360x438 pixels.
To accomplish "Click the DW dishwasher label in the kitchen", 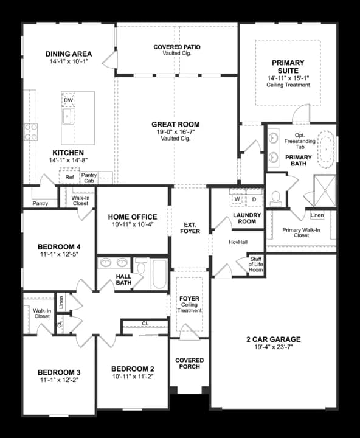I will click(x=68, y=100).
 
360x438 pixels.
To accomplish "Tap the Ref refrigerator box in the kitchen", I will click(x=70, y=178).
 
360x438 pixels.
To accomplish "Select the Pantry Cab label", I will click(x=89, y=178).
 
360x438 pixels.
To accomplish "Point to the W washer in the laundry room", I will click(x=237, y=199).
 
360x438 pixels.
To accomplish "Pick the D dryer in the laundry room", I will click(x=254, y=199).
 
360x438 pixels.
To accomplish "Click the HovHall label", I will click(x=238, y=242).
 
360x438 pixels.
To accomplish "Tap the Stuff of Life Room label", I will click(x=256, y=262).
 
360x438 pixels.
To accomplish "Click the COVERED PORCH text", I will click(x=189, y=364).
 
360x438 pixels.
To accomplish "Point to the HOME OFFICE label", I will click(x=132, y=217).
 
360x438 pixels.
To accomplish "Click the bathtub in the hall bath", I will click(x=159, y=274).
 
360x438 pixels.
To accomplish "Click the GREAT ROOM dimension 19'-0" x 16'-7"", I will click(x=176, y=132).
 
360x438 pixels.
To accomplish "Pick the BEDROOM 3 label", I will click(x=58, y=372).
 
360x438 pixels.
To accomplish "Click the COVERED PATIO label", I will click(x=176, y=47).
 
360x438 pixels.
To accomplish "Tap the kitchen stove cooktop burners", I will click(x=30, y=132).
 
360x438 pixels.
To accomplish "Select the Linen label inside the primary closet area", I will click(x=316, y=215).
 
